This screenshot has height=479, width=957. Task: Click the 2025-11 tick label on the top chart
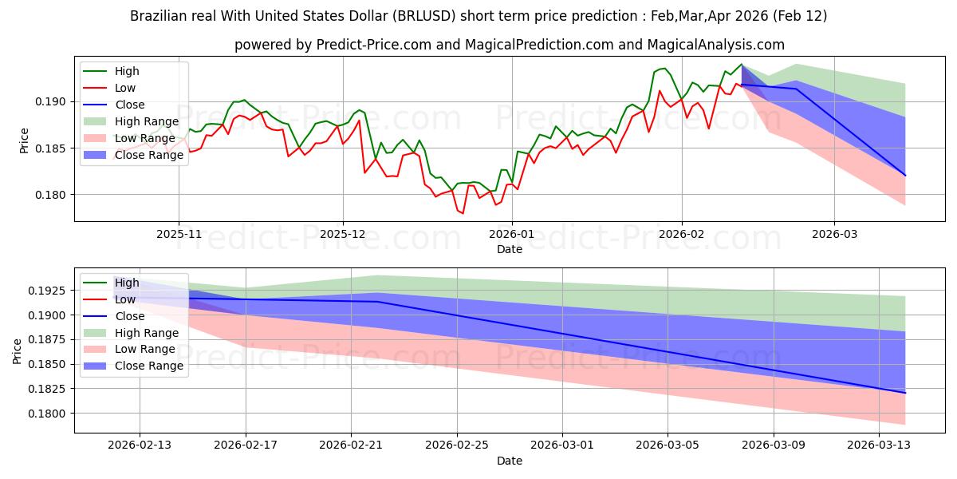coord(179,234)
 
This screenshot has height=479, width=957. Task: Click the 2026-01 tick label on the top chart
coord(511,234)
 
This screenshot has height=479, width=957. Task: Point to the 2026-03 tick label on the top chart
coord(834,234)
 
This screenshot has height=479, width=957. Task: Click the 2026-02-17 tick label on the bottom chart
coord(245,445)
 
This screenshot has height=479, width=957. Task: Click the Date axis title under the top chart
coord(510,249)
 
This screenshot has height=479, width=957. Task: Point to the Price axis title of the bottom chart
coord(18,351)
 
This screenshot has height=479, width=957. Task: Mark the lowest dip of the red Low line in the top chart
coord(462,213)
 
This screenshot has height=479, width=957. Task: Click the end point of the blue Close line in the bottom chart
coord(905,393)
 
